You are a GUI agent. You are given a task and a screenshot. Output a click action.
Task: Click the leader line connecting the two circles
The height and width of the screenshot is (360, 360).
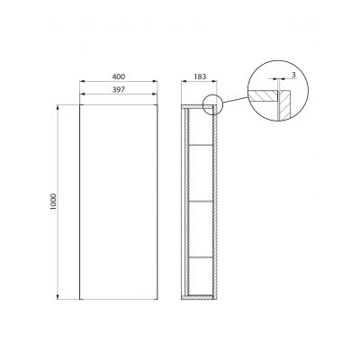234,100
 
